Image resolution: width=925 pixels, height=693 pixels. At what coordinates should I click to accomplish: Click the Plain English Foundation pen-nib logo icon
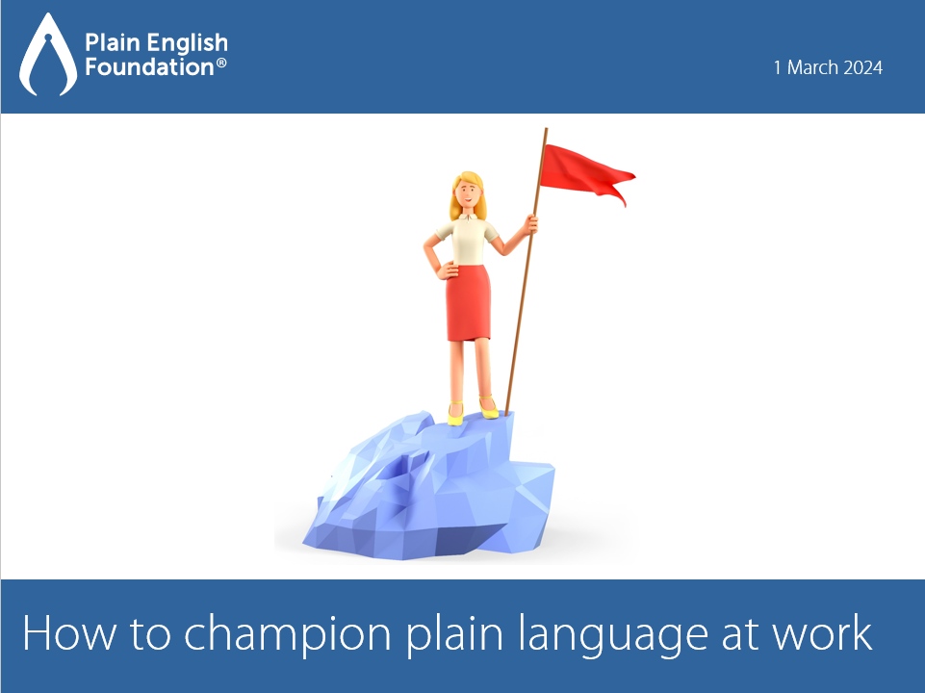click(x=48, y=55)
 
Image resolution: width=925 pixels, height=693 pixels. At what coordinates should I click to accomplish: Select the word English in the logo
click(x=187, y=43)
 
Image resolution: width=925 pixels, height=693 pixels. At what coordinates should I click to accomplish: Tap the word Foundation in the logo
click(x=149, y=66)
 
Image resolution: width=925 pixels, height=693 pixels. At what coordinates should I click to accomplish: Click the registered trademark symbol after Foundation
click(x=221, y=62)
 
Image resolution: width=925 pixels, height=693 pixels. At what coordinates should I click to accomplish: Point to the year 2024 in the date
click(x=862, y=67)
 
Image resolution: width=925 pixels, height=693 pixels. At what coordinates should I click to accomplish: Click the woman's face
click(x=468, y=192)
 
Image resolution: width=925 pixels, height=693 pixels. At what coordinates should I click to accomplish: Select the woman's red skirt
click(x=469, y=302)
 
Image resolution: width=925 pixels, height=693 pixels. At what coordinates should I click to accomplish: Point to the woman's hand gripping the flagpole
click(x=531, y=223)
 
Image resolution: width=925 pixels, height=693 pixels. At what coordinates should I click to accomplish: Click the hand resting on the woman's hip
click(x=448, y=271)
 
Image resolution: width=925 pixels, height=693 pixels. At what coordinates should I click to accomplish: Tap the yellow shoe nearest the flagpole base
click(x=489, y=407)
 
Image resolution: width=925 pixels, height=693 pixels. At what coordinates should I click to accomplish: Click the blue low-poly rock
click(x=430, y=487)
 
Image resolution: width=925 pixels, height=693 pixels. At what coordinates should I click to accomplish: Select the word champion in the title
click(x=287, y=634)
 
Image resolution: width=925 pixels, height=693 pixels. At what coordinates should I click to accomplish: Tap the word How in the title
click(x=69, y=633)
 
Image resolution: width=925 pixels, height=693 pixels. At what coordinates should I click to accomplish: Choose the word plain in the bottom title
click(x=455, y=634)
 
